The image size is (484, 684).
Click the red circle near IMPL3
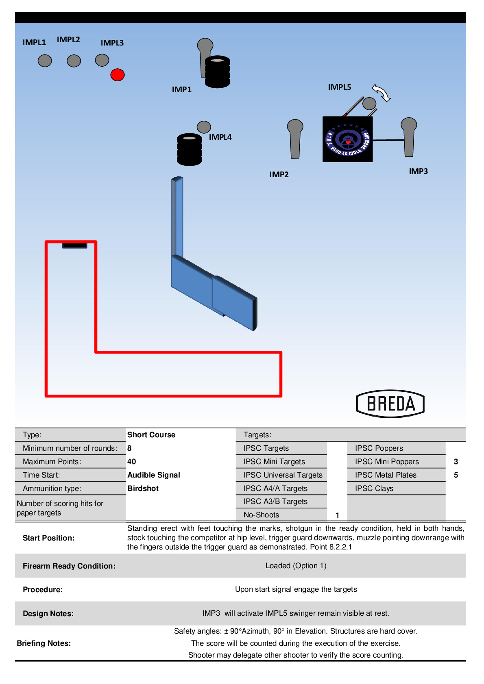pyautogui.click(x=118, y=75)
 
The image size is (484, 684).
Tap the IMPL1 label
pyautogui.click(x=34, y=42)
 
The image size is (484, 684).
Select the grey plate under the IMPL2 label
pyautogui.click(x=74, y=61)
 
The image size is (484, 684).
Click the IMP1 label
pyautogui.click(x=181, y=89)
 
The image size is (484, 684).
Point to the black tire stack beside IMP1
pyautogui.click(x=218, y=72)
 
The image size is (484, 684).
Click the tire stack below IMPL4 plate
pyautogui.click(x=190, y=149)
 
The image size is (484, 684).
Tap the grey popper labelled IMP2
pyautogui.click(x=295, y=138)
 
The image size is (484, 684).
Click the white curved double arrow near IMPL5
pyautogui.click(x=381, y=93)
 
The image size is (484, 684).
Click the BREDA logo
pyautogui.click(x=390, y=404)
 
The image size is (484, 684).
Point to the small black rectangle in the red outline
pyautogui.click(x=74, y=245)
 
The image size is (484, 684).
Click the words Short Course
pyautogui.click(x=151, y=434)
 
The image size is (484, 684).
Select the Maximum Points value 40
pyautogui.click(x=131, y=461)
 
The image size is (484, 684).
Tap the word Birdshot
pyautogui.click(x=143, y=488)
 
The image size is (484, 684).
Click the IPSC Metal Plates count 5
pyautogui.click(x=456, y=475)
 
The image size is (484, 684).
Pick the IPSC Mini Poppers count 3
pyautogui.click(x=456, y=461)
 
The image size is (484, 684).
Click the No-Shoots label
pyautogui.click(x=261, y=515)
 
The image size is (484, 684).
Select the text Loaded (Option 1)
pyautogui.click(x=296, y=565)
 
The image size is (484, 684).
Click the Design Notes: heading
pyautogui.click(x=48, y=613)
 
